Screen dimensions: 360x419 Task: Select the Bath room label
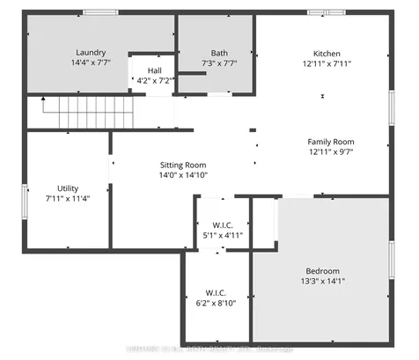point(219,52)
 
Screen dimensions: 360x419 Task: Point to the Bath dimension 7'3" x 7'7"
point(219,63)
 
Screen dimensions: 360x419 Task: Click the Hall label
point(155,70)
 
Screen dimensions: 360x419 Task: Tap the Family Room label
point(330,141)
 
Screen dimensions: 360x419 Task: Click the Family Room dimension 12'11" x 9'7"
point(330,152)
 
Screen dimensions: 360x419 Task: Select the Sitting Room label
point(182,165)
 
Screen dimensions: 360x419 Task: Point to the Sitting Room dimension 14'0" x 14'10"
point(182,175)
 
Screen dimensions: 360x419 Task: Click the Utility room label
point(68,187)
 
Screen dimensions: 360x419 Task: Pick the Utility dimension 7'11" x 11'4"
point(68,198)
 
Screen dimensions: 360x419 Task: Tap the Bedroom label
point(322,270)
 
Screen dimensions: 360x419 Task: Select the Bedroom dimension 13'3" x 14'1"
point(322,282)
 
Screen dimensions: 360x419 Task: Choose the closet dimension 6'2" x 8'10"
point(217,304)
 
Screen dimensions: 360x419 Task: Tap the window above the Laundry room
point(100,12)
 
